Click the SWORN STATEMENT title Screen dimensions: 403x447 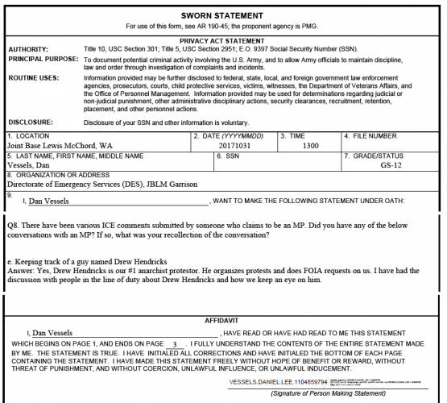[223, 15]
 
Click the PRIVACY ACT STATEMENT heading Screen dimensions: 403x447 [223, 39]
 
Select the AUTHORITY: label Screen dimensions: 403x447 [29, 48]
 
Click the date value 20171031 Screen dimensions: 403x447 [234, 146]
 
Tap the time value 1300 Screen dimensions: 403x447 [310, 146]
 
